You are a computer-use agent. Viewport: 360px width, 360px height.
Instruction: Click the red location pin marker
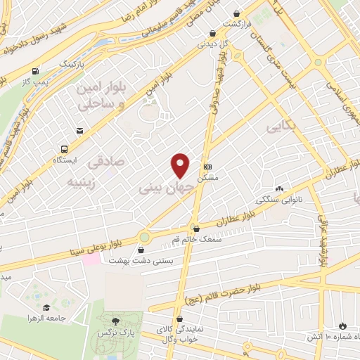click(x=181, y=165)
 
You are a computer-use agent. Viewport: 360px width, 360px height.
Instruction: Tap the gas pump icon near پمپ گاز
click(x=34, y=71)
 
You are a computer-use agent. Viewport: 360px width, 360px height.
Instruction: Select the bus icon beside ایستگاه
click(x=64, y=150)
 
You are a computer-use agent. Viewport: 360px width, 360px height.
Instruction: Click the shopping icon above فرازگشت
click(x=237, y=13)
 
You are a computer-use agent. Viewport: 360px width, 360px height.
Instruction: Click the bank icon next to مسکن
click(x=207, y=167)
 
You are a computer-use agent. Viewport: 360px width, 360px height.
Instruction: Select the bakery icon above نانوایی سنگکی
click(x=280, y=188)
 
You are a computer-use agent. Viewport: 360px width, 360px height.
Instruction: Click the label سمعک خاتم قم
click(x=196, y=239)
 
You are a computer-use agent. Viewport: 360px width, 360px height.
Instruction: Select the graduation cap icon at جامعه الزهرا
click(x=46, y=307)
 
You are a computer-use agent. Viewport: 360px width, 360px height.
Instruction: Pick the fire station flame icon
click(x=342, y=326)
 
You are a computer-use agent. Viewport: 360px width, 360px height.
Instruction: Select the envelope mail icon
click(x=79, y=131)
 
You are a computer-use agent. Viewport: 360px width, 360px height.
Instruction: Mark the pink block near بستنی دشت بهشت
click(x=91, y=259)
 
